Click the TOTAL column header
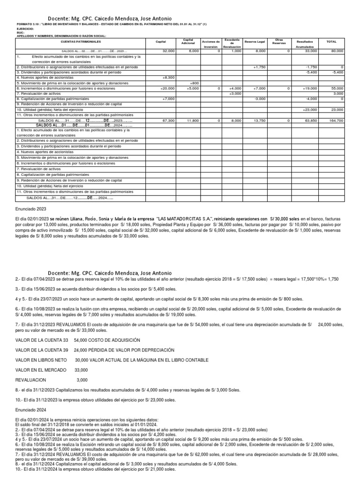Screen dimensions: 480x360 pos(331,42)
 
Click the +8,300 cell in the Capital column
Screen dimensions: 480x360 pos(168,77)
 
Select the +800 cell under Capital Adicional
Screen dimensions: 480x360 pos(195,82)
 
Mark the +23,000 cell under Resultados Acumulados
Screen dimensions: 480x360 pos(310,109)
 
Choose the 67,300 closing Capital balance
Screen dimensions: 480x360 pos(168,120)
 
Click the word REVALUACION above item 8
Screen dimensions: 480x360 pos(31,380)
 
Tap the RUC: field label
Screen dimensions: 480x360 pos(20,32)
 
